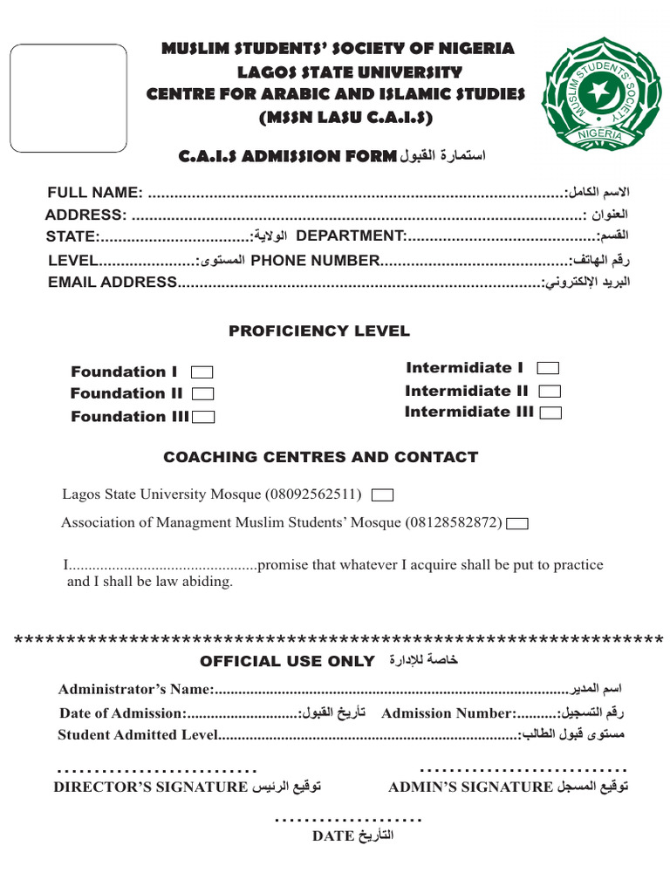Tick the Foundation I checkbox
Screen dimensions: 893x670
click(202, 372)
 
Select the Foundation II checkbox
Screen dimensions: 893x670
click(202, 394)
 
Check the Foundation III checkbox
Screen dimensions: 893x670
click(203, 417)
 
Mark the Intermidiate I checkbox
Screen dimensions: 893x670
click(550, 368)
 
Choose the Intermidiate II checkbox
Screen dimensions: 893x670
click(550, 392)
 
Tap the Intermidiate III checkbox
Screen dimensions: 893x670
click(551, 412)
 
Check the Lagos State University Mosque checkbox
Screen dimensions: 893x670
click(382, 495)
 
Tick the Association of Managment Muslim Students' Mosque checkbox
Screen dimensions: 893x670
click(517, 523)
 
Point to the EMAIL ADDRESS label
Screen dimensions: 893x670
click(113, 282)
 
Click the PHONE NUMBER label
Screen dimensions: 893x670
click(315, 260)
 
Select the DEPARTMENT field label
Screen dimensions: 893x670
click(352, 235)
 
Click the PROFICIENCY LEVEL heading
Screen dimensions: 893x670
click(318, 331)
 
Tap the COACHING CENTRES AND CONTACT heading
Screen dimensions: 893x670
click(321, 457)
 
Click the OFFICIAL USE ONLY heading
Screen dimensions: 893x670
click(288, 661)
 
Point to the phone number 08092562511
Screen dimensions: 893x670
click(319, 494)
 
